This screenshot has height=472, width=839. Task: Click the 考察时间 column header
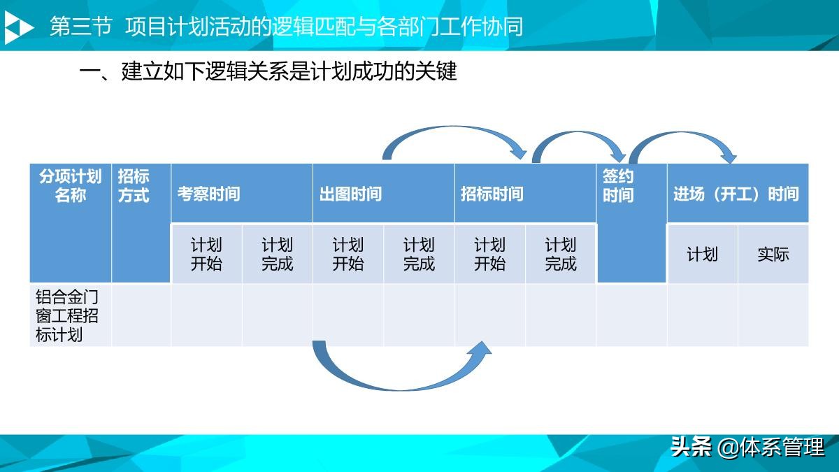[x=208, y=194]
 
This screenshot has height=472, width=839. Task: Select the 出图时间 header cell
[x=350, y=194]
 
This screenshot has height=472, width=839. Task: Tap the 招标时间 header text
[x=492, y=194]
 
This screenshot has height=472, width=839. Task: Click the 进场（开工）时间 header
[x=736, y=194]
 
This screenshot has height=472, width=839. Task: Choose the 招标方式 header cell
[x=134, y=185]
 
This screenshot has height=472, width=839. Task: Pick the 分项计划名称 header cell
[x=70, y=185]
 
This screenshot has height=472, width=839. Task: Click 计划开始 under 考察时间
[x=206, y=255]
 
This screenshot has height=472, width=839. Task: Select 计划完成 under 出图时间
[x=419, y=255]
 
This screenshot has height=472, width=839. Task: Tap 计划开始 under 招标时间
[x=489, y=255]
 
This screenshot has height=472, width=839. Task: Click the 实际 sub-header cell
[x=773, y=255]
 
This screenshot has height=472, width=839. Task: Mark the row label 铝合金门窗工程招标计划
[x=69, y=315]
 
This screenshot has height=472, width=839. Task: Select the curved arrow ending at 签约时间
[x=580, y=137]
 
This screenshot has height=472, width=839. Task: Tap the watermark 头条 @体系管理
[x=747, y=446]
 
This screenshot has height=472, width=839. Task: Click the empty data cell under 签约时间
[x=631, y=315]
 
